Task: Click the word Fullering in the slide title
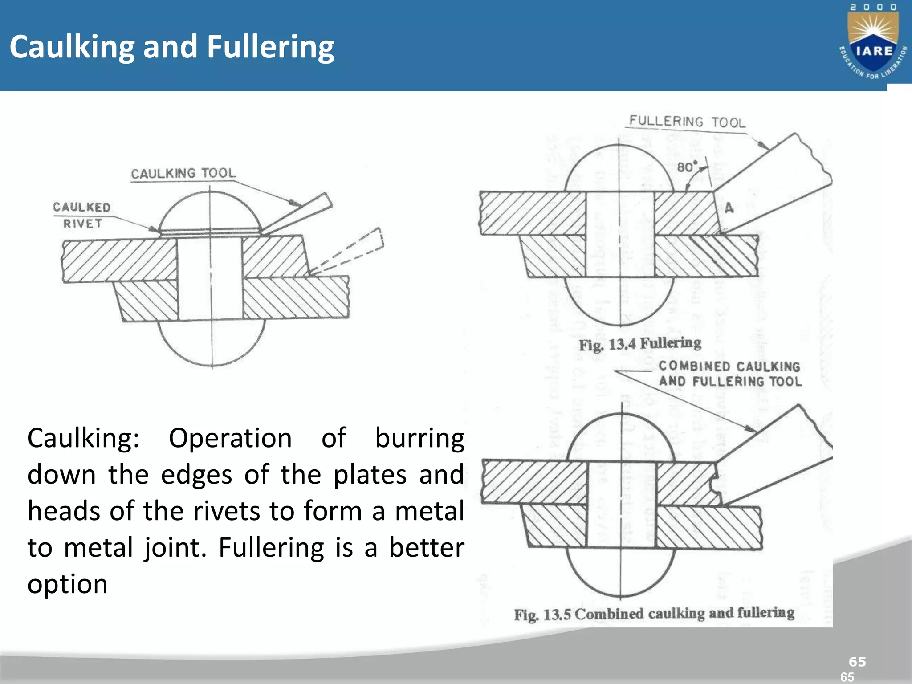pos(271,47)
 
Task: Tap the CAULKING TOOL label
pos(183,173)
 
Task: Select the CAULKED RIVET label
pos(82,215)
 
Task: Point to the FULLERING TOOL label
pos(687,121)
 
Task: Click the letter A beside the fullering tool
pos(729,208)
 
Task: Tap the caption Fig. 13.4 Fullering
pos(640,343)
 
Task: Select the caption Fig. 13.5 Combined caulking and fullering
pos(654,614)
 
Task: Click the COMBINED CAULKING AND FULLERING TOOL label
pos(730,374)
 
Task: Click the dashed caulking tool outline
pos(352,252)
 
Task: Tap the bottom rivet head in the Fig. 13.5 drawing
pos(621,572)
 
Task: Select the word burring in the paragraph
pos(419,438)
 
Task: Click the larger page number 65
pos(857,662)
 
